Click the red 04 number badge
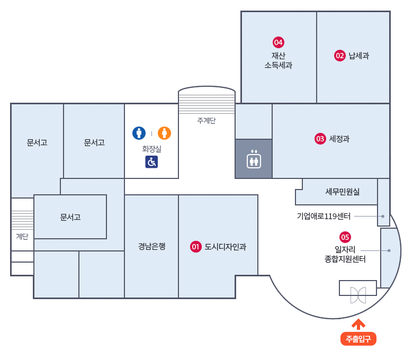[x=279, y=42]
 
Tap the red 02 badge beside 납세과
[x=340, y=56]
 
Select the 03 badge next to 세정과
[x=320, y=139]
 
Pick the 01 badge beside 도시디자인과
[x=196, y=247]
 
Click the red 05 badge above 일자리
[x=345, y=237]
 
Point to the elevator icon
[x=254, y=158]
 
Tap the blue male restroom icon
[x=139, y=133]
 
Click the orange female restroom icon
[x=164, y=133]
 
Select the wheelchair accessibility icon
[x=151, y=162]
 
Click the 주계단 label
[x=206, y=121]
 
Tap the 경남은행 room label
[x=152, y=246]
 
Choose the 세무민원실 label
[x=343, y=192]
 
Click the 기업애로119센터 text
[x=324, y=216]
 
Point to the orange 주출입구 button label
[x=358, y=339]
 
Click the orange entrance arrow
[x=358, y=324]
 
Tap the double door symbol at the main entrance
[x=358, y=295]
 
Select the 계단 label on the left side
[x=22, y=237]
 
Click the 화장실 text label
[x=151, y=149]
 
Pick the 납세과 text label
[x=359, y=56]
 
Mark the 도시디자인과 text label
[x=225, y=247]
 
